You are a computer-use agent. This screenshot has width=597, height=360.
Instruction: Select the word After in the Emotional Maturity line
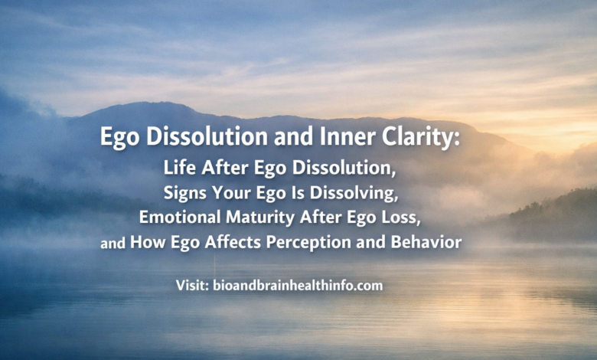[321, 217]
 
